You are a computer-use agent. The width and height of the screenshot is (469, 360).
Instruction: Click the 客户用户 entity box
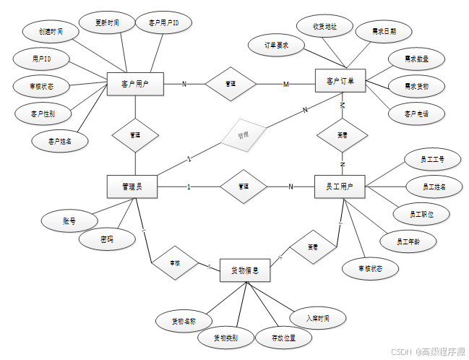[134, 85]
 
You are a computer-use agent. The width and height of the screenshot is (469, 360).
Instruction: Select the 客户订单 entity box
[340, 80]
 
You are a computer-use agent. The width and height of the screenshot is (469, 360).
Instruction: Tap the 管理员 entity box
[133, 187]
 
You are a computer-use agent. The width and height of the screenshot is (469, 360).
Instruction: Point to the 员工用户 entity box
[340, 187]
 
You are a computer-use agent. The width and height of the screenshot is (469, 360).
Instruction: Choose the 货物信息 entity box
[245, 271]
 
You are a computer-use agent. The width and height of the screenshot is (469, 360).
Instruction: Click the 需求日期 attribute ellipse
[384, 31]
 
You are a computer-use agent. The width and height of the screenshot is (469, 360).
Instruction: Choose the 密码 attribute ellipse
[107, 239]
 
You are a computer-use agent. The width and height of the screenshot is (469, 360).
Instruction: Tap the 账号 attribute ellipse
[69, 221]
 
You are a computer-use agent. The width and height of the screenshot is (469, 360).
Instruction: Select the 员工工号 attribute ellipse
[432, 158]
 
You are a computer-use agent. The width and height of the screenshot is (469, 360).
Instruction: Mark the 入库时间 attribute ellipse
[317, 318]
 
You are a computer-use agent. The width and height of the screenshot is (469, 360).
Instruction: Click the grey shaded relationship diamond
[244, 135]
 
